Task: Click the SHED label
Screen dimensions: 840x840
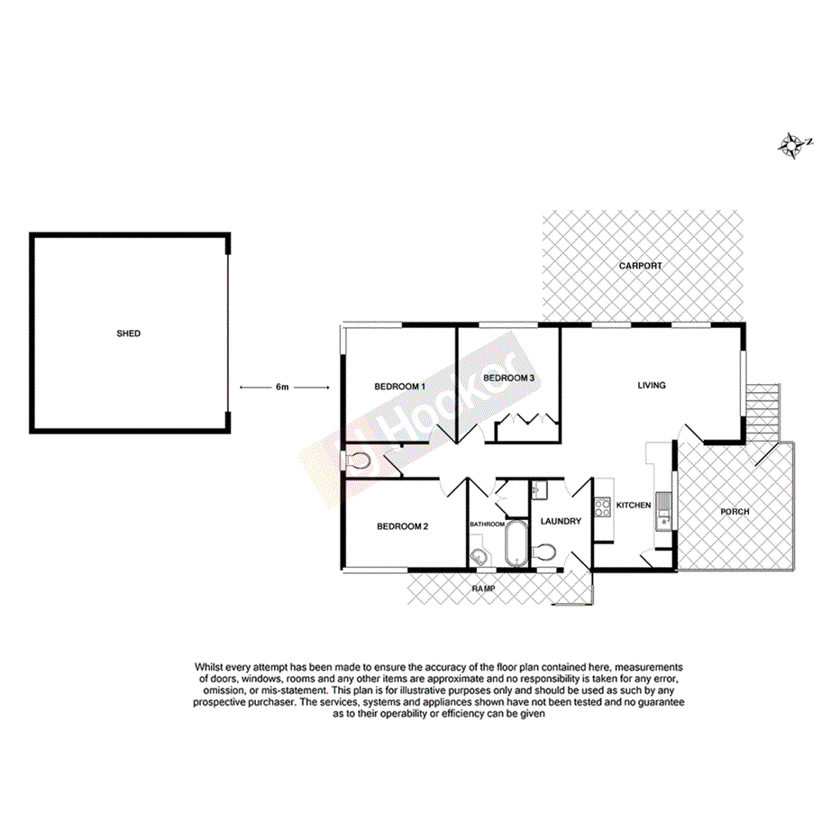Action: pyautogui.click(x=129, y=333)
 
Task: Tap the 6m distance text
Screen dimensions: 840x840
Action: pyautogui.click(x=282, y=388)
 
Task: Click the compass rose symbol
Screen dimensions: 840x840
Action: pyautogui.click(x=792, y=144)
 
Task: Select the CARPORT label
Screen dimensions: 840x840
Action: pyautogui.click(x=640, y=266)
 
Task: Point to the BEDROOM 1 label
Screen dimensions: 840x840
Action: pyautogui.click(x=399, y=387)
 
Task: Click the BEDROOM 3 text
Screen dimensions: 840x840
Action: pyautogui.click(x=509, y=378)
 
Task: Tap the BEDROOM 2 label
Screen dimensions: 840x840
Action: pyautogui.click(x=401, y=526)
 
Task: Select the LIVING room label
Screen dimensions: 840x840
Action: pyautogui.click(x=651, y=386)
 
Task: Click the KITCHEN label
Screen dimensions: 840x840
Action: pyautogui.click(x=634, y=506)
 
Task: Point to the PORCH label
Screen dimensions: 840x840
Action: pyautogui.click(x=735, y=512)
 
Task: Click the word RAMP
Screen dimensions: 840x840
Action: pyautogui.click(x=485, y=589)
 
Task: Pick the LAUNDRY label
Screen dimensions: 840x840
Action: pyautogui.click(x=561, y=522)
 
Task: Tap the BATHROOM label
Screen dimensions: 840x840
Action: pyautogui.click(x=487, y=524)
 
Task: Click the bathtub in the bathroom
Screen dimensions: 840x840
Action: pyautogui.click(x=516, y=543)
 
